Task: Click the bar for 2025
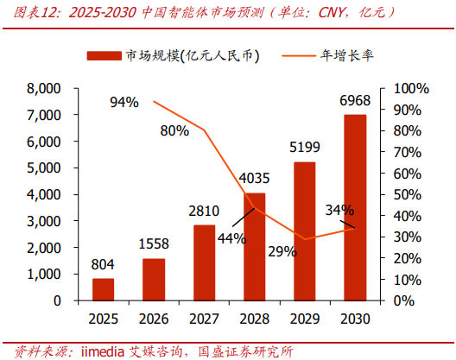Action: tap(104, 289)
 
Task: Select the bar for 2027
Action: tap(204, 262)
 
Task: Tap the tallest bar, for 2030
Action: tap(355, 207)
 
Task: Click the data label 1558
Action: tap(154, 243)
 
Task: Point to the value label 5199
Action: tap(305, 147)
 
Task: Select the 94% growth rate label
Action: tap(124, 102)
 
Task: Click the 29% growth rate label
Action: tap(282, 251)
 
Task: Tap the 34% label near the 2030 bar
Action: tap(339, 210)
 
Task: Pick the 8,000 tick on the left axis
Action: tap(44, 88)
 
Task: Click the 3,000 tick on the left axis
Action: tap(44, 221)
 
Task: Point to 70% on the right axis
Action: tap(408, 152)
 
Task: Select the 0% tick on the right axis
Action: tap(404, 300)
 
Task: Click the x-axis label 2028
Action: tap(255, 319)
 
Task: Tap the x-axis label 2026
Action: tap(154, 319)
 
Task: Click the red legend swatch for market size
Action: tap(104, 56)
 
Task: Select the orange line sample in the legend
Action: tap(299, 55)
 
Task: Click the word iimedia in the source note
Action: tap(103, 351)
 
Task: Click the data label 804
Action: tap(103, 265)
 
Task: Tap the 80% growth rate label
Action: tap(174, 131)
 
